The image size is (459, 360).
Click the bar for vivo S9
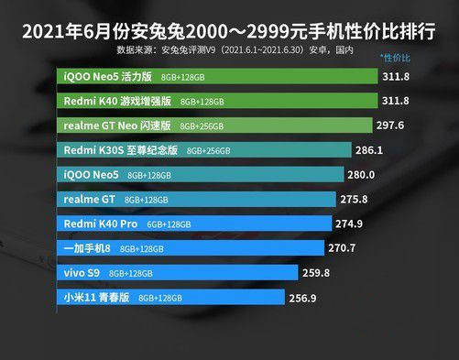tap(178, 273)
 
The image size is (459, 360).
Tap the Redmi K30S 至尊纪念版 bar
tap(205, 149)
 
